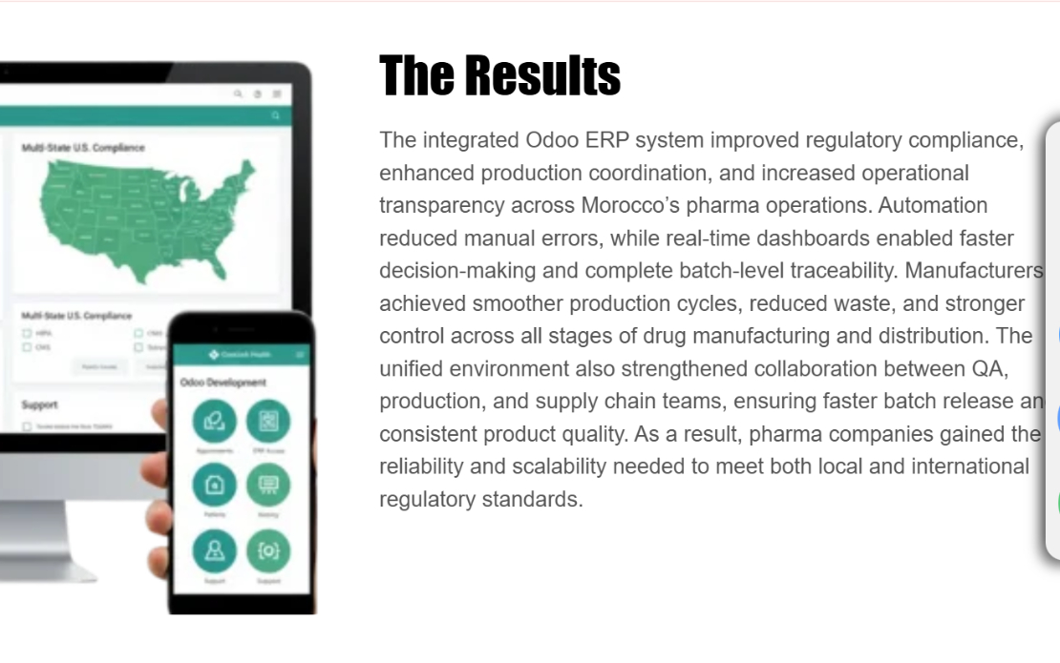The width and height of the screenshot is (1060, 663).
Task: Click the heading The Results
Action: click(x=499, y=76)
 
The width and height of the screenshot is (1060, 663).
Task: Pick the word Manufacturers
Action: click(x=973, y=270)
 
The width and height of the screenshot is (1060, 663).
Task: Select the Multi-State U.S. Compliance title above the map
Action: click(x=83, y=148)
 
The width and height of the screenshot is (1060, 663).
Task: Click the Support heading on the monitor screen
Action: click(x=40, y=404)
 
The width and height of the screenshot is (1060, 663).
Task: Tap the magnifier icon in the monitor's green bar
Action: click(x=275, y=115)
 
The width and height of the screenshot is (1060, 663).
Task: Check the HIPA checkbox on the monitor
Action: click(x=27, y=334)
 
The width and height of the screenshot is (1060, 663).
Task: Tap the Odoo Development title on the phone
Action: click(x=223, y=383)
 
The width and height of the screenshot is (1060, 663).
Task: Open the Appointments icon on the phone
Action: click(x=214, y=421)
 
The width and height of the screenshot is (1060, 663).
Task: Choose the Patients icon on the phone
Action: click(x=214, y=486)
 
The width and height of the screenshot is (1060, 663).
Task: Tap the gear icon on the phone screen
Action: click(x=268, y=550)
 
